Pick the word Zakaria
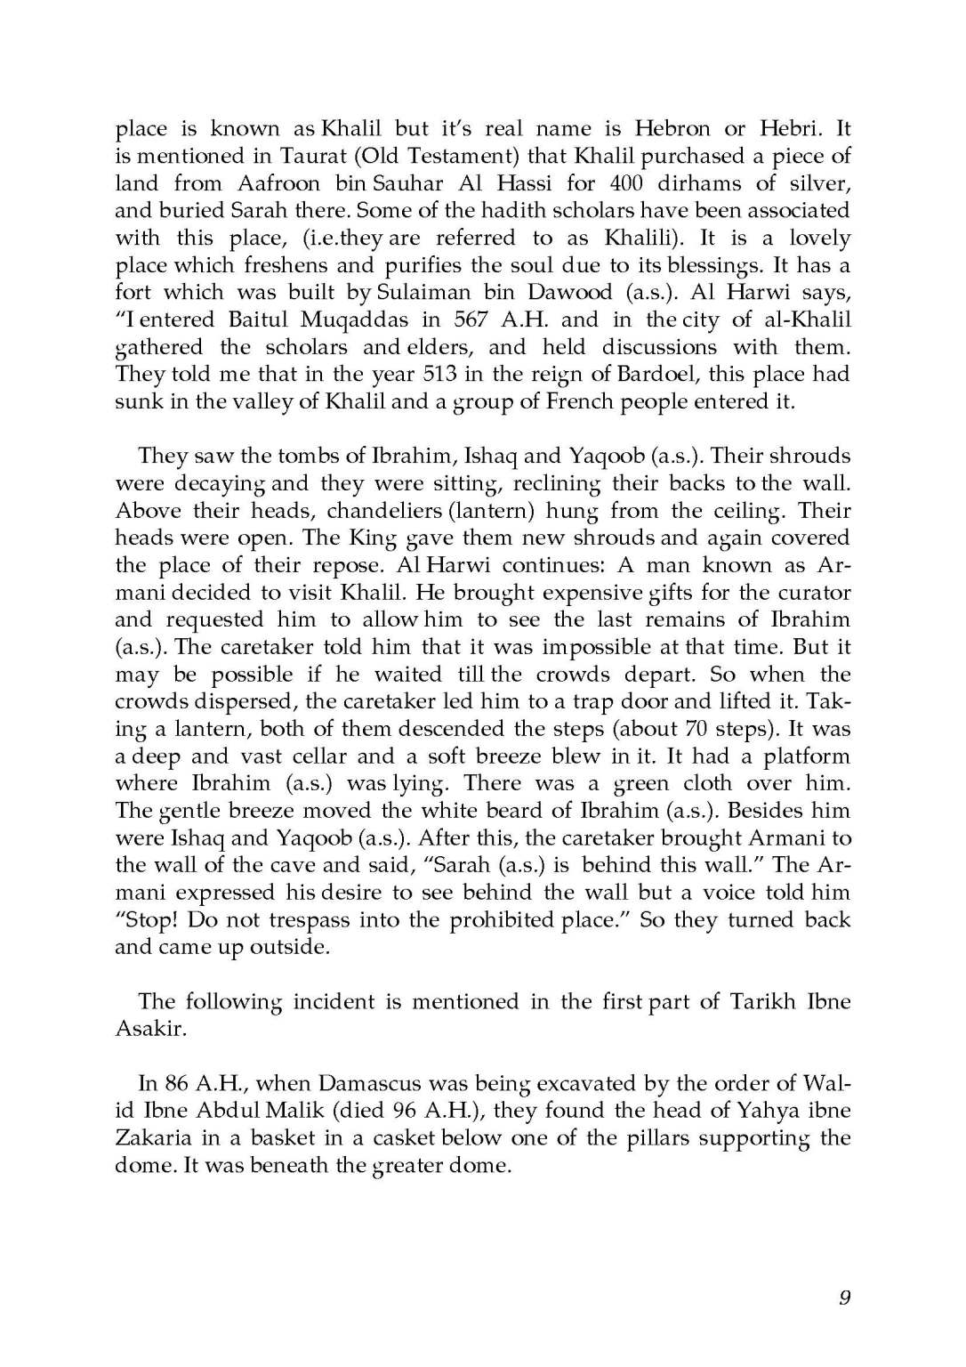148,1138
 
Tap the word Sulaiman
420,292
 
